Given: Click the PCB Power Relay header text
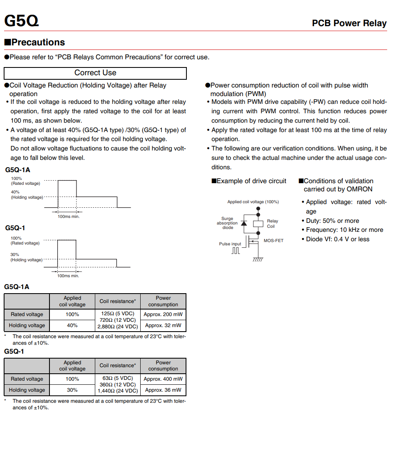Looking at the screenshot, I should point(349,23).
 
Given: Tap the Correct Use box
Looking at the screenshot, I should point(95,73).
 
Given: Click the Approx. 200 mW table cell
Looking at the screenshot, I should point(163,314).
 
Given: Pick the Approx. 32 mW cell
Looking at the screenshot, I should point(163,325).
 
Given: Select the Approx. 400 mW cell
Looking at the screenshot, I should point(163,379).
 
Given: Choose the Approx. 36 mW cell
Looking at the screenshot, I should point(163,390).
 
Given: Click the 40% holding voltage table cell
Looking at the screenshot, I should point(72,325).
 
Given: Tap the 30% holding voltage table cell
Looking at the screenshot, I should point(72,390).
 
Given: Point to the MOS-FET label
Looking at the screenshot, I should point(273,241).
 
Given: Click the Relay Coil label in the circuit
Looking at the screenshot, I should point(272,224).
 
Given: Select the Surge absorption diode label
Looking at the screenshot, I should point(227,223).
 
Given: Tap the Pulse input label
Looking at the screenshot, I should point(230,244).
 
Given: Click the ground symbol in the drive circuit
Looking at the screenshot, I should point(258,259).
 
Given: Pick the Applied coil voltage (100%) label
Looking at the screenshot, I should point(253,202).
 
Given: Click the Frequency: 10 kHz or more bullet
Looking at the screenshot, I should point(344,230).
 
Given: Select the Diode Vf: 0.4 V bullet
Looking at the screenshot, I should point(337,239).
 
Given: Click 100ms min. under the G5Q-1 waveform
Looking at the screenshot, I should point(68,276).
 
